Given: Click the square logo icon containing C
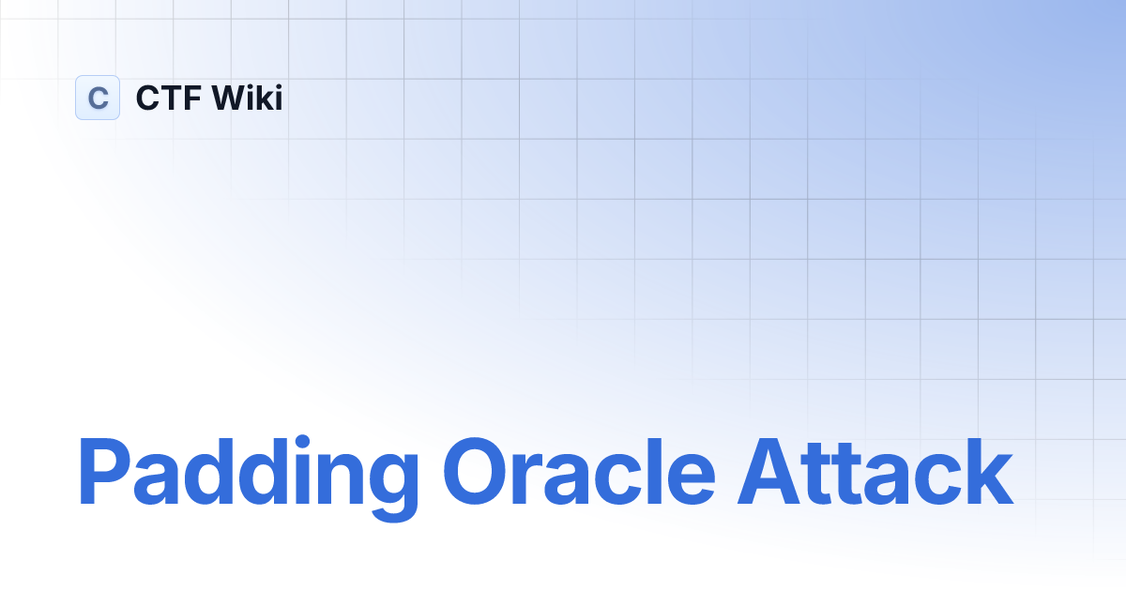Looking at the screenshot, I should tap(98, 98).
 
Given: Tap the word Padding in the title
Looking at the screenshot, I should tap(247, 474).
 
